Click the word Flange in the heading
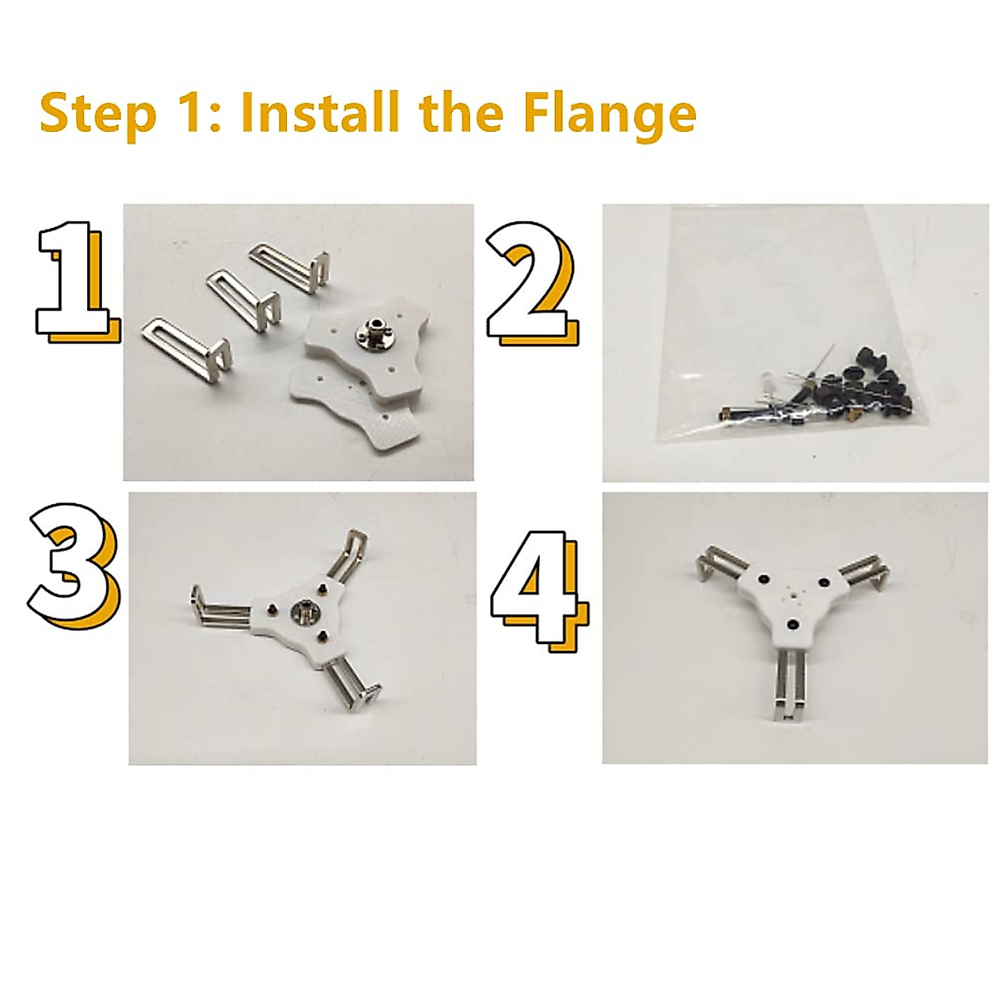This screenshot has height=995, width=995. (x=609, y=114)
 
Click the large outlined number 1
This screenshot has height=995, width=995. (x=77, y=282)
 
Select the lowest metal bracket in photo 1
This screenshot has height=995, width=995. (x=187, y=349)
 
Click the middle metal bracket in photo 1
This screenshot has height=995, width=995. (x=244, y=303)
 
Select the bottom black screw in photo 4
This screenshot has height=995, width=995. (x=792, y=626)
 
